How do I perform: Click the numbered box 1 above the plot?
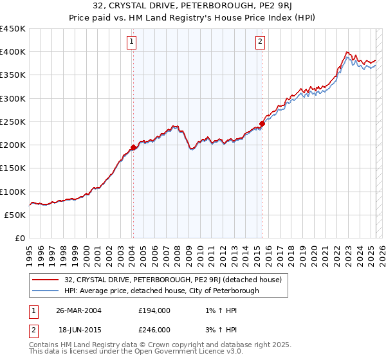point(131,42)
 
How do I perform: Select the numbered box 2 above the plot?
point(261,42)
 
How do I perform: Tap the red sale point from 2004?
point(133,147)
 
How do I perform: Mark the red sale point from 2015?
point(262,123)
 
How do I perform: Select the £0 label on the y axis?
point(19,239)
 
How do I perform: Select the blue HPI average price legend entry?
point(161,291)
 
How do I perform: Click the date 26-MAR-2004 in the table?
point(79,310)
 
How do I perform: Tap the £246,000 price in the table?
point(154,329)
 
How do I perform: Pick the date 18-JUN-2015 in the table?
point(79,329)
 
